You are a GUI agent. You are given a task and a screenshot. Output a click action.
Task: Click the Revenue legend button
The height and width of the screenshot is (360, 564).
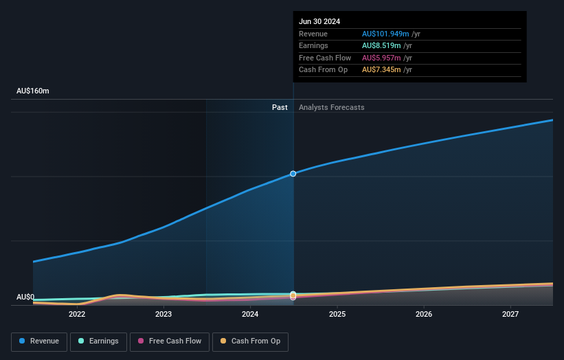coord(39,341)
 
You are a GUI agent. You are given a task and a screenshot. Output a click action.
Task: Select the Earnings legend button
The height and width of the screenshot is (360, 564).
coord(98,341)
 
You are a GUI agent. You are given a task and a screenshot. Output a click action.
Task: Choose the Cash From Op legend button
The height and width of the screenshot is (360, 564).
coord(251,341)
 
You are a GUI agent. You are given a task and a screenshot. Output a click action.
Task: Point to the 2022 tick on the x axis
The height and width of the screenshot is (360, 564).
coord(77,314)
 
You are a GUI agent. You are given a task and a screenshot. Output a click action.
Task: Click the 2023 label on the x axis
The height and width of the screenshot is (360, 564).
coord(163,314)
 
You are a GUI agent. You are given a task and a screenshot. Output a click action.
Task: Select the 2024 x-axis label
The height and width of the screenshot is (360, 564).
coord(250,314)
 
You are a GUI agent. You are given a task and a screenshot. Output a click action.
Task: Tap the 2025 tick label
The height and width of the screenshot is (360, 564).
coord(337,314)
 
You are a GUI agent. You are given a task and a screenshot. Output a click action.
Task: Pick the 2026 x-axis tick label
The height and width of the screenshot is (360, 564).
coord(424,314)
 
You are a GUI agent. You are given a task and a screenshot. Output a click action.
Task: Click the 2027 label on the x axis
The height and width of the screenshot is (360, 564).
coord(510,314)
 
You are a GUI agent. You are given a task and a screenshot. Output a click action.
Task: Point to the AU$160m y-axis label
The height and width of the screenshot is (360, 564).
coord(33,91)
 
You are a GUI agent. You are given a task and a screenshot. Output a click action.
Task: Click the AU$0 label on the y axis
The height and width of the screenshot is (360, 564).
coord(25,297)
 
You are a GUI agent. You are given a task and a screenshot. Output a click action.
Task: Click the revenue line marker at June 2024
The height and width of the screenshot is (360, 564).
coord(293,174)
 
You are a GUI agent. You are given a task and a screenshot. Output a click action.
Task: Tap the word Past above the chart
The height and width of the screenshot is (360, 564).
coord(280,107)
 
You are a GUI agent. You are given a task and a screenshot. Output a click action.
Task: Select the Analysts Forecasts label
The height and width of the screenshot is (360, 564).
coord(331,107)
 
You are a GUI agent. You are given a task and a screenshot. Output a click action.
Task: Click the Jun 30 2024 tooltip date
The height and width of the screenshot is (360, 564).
coord(319,22)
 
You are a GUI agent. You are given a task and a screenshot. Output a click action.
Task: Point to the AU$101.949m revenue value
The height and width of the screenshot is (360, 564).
coord(387,34)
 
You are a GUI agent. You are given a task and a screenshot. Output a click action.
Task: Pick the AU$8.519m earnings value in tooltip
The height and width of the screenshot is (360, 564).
coord(382,46)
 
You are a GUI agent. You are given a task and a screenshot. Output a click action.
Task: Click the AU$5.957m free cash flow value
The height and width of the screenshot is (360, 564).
coord(382,58)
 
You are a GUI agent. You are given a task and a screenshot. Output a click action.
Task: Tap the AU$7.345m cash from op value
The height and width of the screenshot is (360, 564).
coord(382,69)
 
